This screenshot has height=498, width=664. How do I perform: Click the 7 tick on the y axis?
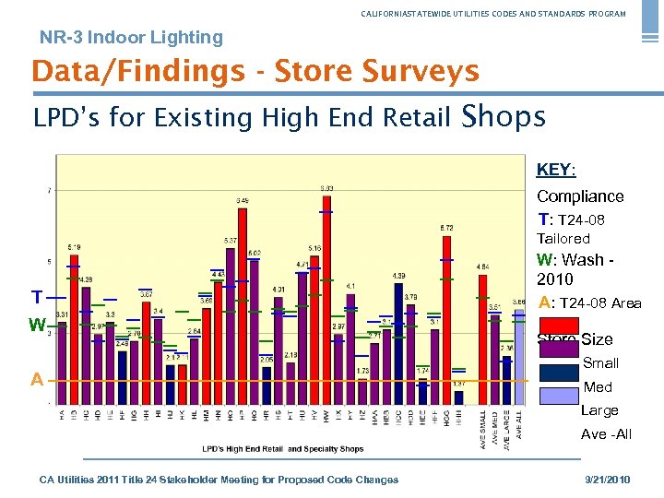tap(49, 191)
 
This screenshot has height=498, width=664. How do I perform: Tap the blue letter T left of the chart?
tap(35, 298)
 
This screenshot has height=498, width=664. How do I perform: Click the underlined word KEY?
tap(554, 170)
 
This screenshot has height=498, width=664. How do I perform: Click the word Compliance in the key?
tap(580, 196)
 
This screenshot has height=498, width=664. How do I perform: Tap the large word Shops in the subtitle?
tap(503, 116)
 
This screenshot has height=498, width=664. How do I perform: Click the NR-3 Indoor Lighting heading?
tap(131, 38)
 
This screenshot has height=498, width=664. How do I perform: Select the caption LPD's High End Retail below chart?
tap(282, 449)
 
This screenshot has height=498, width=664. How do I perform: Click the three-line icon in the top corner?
tap(651, 23)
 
